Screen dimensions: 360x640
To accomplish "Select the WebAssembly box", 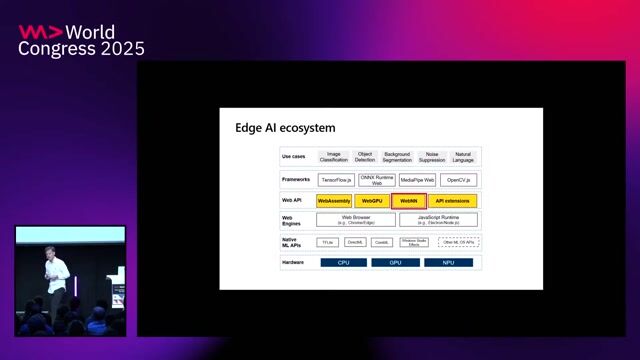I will tap(334, 201).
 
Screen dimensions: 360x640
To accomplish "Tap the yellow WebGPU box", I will tap(372, 201).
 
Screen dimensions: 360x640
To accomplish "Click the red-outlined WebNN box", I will tap(409, 201).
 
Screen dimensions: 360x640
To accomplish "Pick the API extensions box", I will tap(453, 201).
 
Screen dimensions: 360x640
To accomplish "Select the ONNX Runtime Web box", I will tap(377, 180).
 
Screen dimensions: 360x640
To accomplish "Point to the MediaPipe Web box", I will tap(418, 180).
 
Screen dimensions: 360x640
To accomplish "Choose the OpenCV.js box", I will tap(460, 180).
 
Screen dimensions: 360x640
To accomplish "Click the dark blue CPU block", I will tap(343, 263).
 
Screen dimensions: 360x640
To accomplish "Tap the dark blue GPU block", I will tap(395, 263).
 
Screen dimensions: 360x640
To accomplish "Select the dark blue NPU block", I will tap(447, 263).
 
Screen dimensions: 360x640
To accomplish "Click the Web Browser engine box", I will tap(356, 220).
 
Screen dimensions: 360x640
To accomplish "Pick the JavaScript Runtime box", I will tap(438, 220).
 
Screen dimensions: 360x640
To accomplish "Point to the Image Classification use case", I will tap(334, 157).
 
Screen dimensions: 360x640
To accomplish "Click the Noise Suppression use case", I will tap(432, 157).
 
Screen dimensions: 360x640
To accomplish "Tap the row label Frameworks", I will tap(296, 179).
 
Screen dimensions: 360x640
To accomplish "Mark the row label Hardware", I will tap(294, 263).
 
